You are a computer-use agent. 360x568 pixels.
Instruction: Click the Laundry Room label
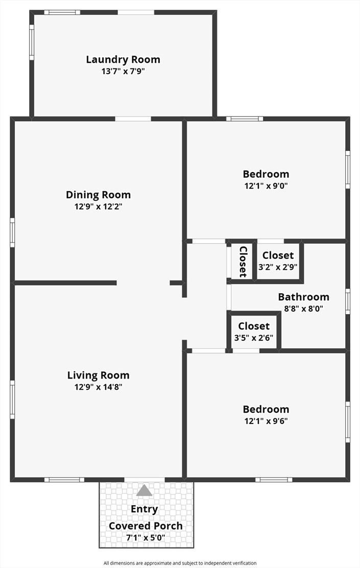pos(123,59)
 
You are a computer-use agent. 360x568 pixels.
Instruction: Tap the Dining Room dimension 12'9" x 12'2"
pos(98,207)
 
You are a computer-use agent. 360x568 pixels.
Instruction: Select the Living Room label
pos(98,375)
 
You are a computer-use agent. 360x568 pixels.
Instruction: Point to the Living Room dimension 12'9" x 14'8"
pos(98,387)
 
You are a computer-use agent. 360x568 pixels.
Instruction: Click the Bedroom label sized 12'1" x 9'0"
pos(266,174)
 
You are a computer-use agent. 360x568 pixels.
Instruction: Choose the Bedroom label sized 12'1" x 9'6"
pos(266,409)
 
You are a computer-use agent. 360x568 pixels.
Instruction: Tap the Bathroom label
pos(303,297)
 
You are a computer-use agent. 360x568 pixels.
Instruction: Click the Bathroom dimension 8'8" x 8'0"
pos(303,309)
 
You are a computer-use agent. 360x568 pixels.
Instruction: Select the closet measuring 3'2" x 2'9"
pos(278,262)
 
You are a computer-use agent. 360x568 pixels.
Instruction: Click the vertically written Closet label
pos(244,262)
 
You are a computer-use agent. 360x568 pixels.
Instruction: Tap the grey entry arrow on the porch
pos(144,490)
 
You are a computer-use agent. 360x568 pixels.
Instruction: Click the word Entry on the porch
pos(144,509)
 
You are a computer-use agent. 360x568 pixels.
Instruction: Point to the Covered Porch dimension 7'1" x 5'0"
pos(145,537)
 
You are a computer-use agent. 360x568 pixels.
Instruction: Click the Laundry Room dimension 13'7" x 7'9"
pos(123,72)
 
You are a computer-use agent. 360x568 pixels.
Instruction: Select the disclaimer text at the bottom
pos(180,563)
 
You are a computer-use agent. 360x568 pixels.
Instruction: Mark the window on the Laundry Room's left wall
pos(32,42)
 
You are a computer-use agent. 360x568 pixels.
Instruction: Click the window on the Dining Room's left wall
pos(12,232)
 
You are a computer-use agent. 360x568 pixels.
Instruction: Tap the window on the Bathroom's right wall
pos(348,301)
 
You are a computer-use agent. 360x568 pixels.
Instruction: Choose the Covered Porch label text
pos(146,526)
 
